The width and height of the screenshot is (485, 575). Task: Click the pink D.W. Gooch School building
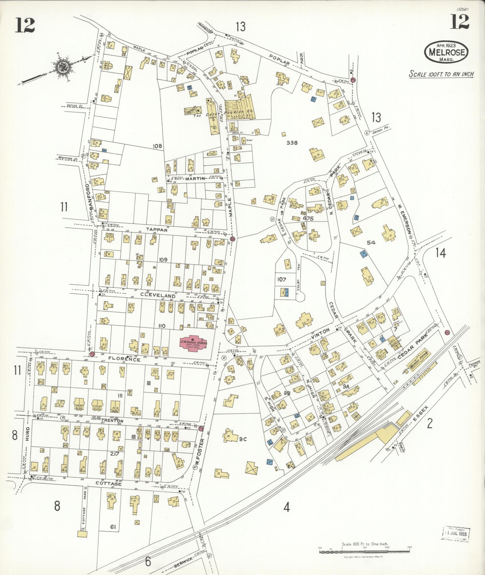tap(192, 342)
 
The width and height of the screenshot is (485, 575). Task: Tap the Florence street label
tap(124, 359)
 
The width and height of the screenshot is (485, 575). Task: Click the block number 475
tap(308, 219)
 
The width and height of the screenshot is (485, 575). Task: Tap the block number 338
tap(292, 142)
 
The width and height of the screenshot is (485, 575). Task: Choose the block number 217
tap(115, 454)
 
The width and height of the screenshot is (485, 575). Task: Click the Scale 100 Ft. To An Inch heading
tap(441, 74)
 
